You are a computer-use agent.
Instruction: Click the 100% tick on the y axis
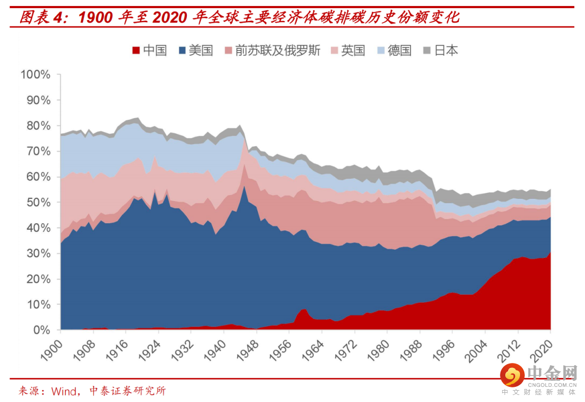[x=36, y=75]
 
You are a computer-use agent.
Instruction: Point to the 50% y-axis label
[x=38, y=203]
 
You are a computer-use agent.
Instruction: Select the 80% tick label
[x=38, y=126]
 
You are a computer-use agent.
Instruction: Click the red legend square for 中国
[x=136, y=51]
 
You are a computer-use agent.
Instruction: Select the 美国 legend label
[x=200, y=51]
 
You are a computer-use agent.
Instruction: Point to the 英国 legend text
[x=353, y=51]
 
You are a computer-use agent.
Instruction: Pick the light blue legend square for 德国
[x=381, y=51]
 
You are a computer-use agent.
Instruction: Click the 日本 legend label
[x=446, y=51]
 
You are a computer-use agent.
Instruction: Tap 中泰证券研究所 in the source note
[x=127, y=391]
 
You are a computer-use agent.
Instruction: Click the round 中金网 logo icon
[x=512, y=373]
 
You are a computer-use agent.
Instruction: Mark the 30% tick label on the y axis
[x=38, y=254]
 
